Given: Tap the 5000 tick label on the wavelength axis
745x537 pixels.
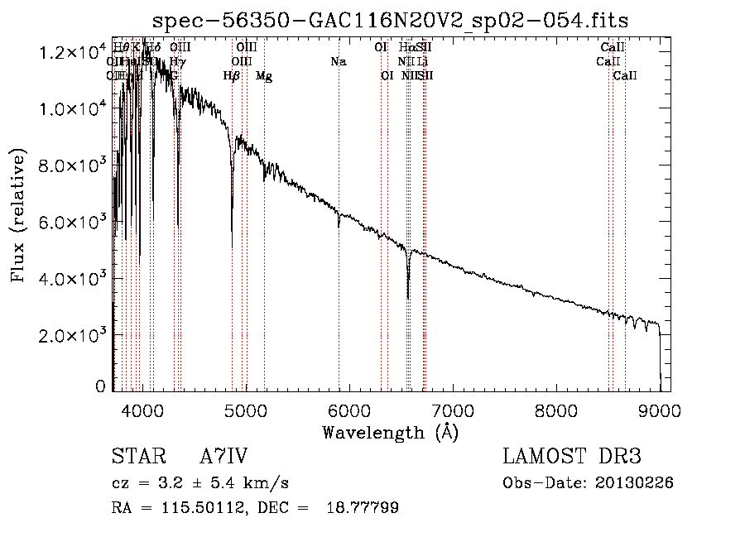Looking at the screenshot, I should (245, 410).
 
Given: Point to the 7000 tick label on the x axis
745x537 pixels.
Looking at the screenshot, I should (452, 410).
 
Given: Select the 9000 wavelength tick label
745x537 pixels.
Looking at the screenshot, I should (659, 410).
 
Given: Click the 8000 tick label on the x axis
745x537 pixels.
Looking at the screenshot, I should (555, 410).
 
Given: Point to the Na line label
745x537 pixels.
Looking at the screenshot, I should (338, 62).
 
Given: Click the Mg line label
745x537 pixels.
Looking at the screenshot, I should (264, 76).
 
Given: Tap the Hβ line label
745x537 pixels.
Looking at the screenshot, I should (232, 76).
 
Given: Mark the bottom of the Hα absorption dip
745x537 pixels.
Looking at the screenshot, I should (408, 298).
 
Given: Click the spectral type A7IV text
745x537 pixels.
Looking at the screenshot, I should (223, 457).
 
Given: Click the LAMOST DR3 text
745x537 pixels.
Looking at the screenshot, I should (572, 457).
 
